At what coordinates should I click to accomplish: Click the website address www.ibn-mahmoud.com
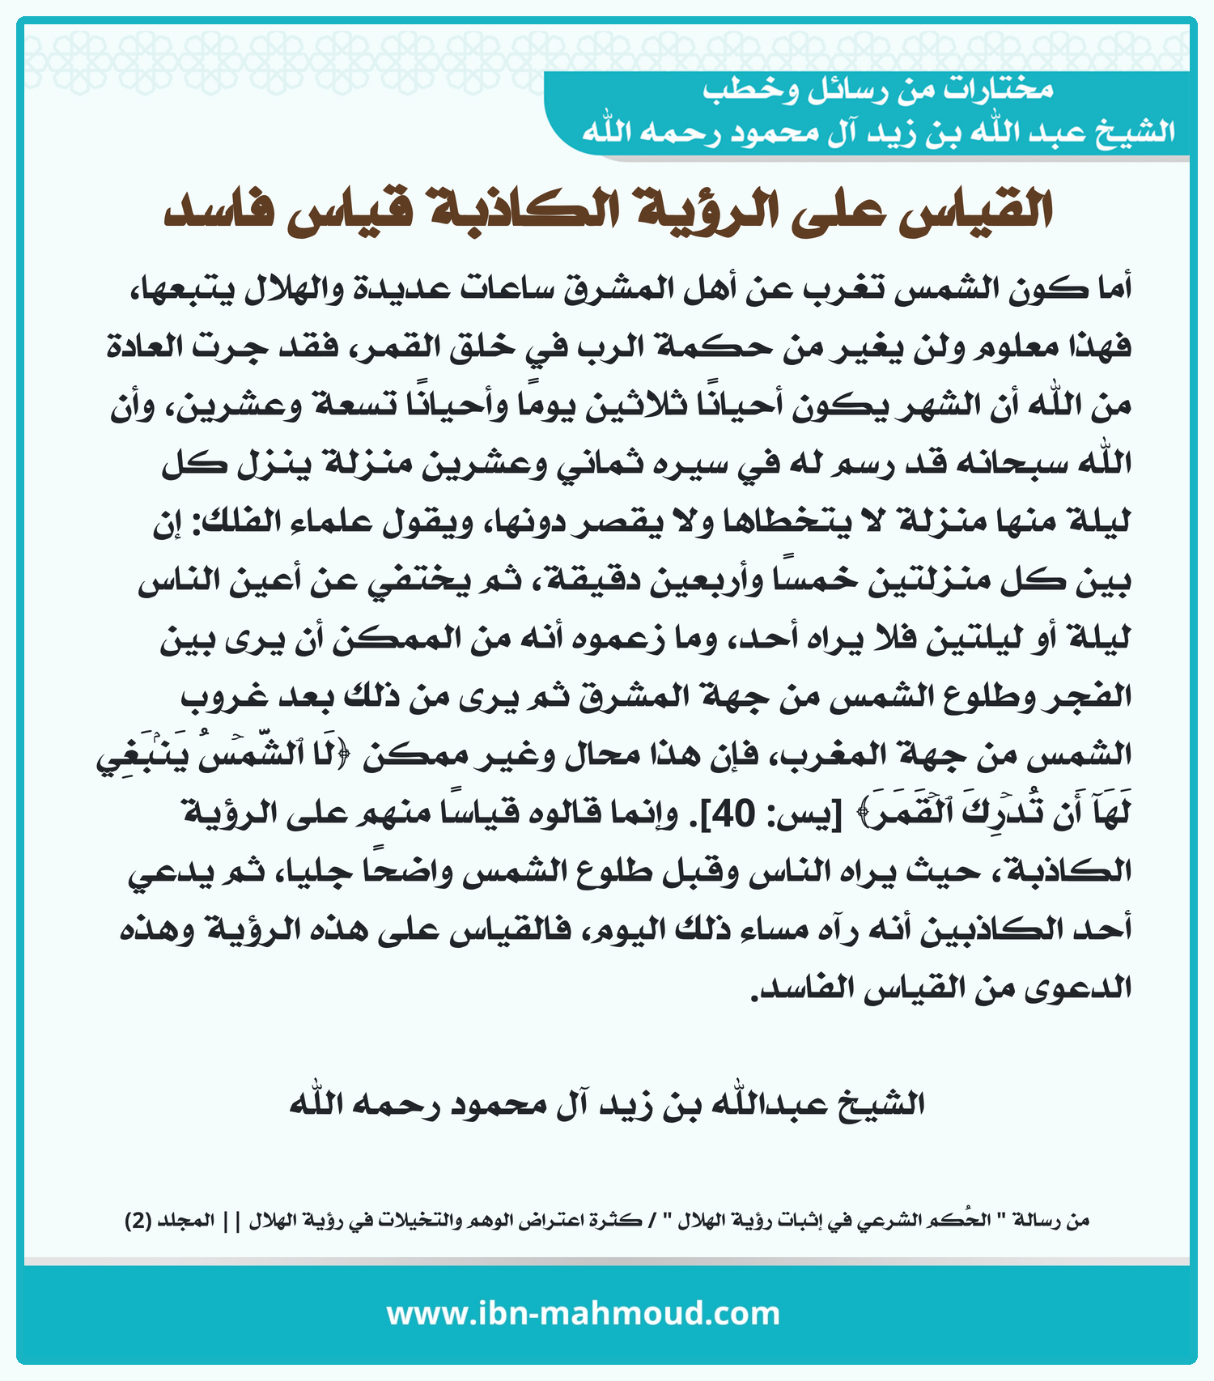[583, 1313]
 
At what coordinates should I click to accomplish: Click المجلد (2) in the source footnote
[171, 1220]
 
